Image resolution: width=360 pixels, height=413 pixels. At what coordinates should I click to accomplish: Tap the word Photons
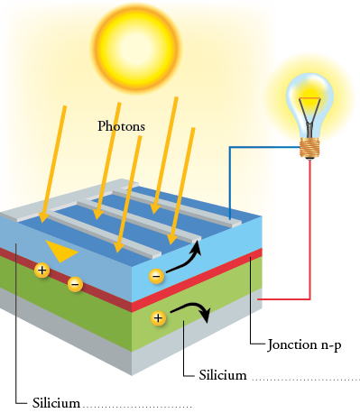click(x=121, y=126)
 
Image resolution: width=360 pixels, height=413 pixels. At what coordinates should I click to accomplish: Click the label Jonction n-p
click(x=304, y=344)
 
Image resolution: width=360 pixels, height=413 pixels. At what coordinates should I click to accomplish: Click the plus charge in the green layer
click(x=159, y=317)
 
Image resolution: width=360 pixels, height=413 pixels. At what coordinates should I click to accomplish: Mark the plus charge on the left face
click(x=41, y=269)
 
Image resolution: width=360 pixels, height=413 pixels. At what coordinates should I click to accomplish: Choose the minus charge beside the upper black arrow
click(x=156, y=275)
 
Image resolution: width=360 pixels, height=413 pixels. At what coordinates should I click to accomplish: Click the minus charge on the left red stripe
click(x=75, y=284)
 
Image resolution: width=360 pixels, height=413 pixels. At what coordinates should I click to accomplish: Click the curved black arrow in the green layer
click(x=191, y=312)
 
